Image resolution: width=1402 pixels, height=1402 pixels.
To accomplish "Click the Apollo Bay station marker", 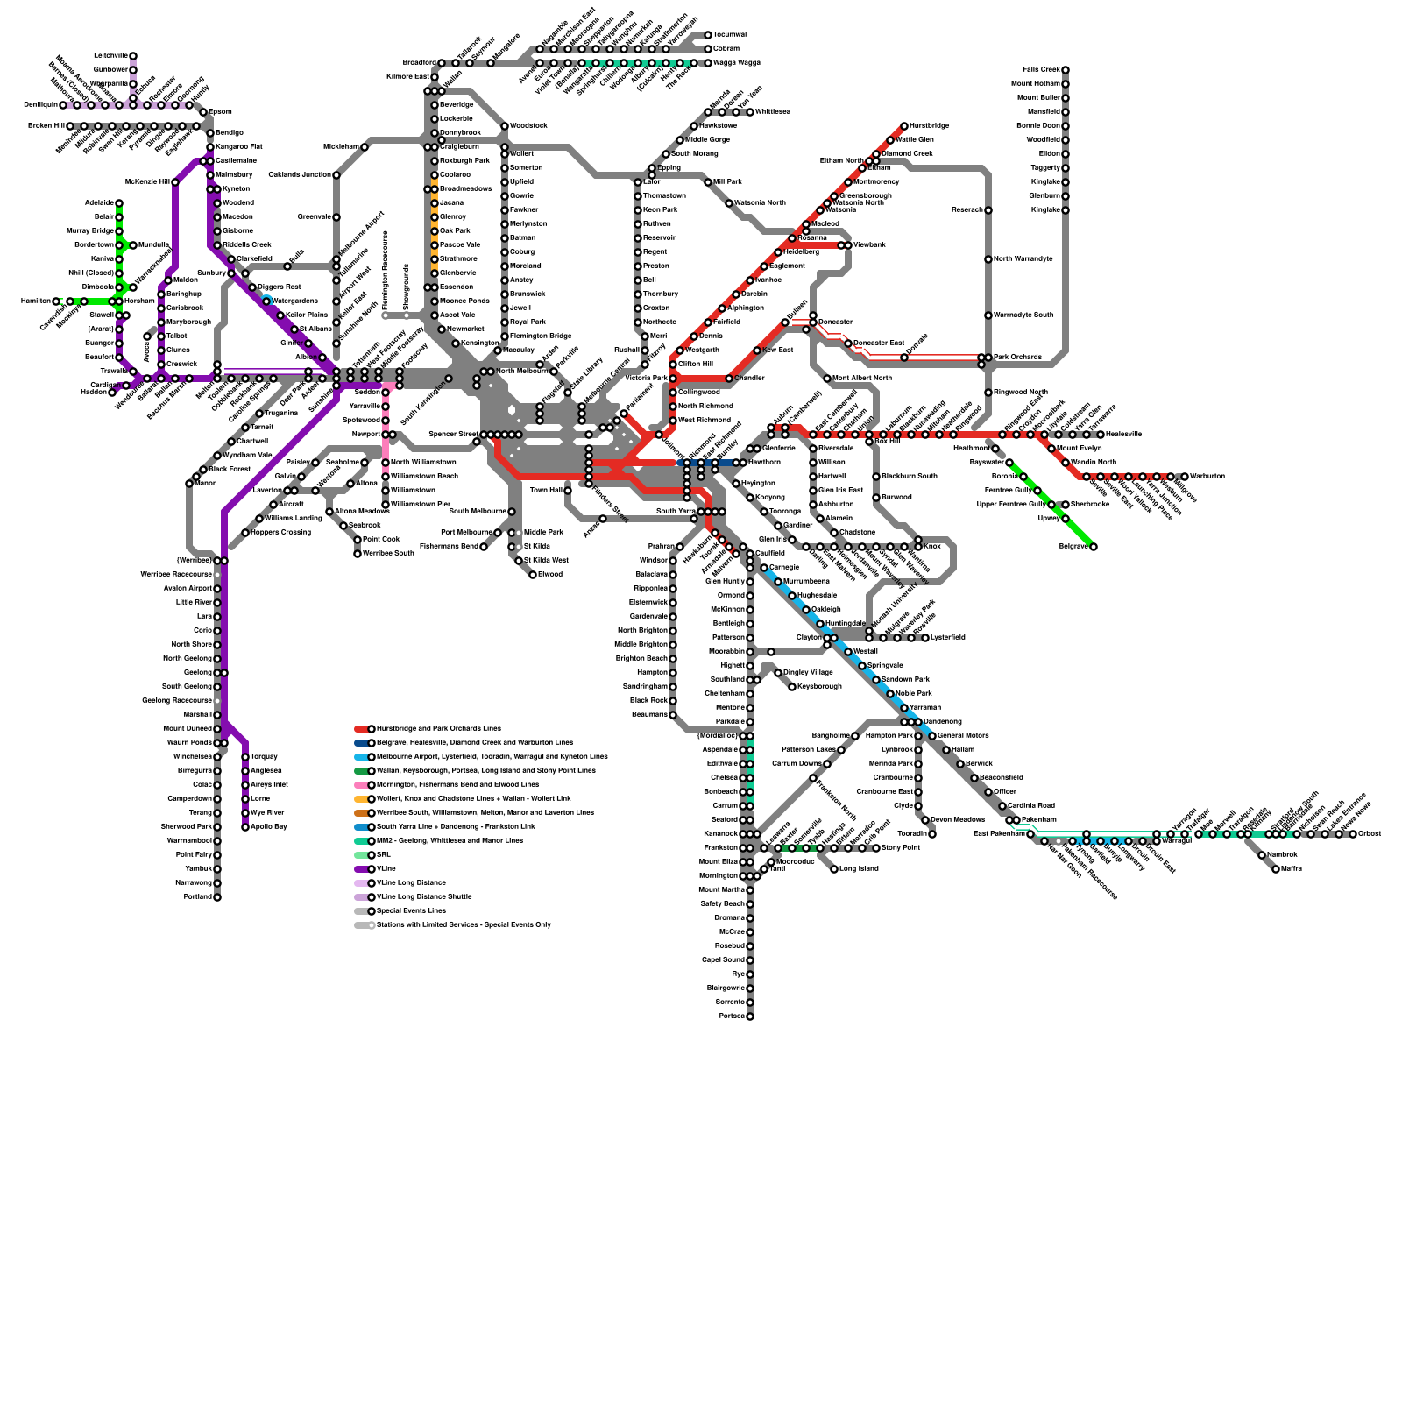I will [x=245, y=827].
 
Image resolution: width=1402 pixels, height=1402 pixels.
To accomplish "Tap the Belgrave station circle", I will [x=1094, y=547].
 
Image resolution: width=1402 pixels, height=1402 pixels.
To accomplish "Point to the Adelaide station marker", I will [x=119, y=203].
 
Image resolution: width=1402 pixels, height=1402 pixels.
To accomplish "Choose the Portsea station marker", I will [x=750, y=1016].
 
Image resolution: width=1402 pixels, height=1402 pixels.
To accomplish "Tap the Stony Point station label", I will [x=900, y=848].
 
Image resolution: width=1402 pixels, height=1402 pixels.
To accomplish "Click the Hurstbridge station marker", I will [x=904, y=126].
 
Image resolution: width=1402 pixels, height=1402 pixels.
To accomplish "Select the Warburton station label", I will [x=1207, y=477].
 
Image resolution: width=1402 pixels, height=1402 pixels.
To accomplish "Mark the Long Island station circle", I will [x=834, y=869].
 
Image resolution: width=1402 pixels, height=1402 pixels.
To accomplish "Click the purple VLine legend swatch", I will [x=362, y=869].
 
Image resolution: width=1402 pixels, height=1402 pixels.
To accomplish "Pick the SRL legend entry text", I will [x=383, y=855].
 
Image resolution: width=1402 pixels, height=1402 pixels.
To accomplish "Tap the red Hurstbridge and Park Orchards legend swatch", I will [x=362, y=729].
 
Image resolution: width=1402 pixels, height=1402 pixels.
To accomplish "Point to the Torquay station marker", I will [x=245, y=757].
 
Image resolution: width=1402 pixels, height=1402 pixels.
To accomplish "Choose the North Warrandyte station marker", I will [x=988, y=259].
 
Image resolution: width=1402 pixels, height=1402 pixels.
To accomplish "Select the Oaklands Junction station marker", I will [x=336, y=175].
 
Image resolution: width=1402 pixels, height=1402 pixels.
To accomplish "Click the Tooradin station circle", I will [x=932, y=834].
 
